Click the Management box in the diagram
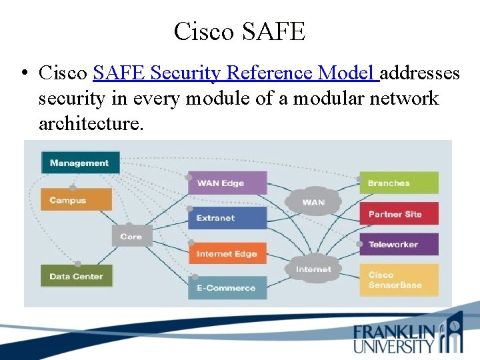pyautogui.click(x=80, y=163)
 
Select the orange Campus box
pyautogui.click(x=76, y=199)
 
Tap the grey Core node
pyautogui.click(x=131, y=237)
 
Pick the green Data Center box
pyautogui.click(x=76, y=276)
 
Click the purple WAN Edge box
pyautogui.click(x=227, y=183)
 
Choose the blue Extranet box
pyautogui.click(x=227, y=218)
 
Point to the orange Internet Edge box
pyautogui.click(x=227, y=253)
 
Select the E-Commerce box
pyautogui.click(x=227, y=288)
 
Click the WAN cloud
pyautogui.click(x=313, y=202)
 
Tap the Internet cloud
pyautogui.click(x=313, y=269)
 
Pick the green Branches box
pyautogui.click(x=399, y=183)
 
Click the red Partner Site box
pyautogui.click(x=399, y=214)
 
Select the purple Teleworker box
pyautogui.click(x=399, y=245)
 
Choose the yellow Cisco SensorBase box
pyautogui.click(x=399, y=280)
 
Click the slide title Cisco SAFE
pyautogui.click(x=239, y=31)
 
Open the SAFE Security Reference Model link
pyautogui.click(x=236, y=72)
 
